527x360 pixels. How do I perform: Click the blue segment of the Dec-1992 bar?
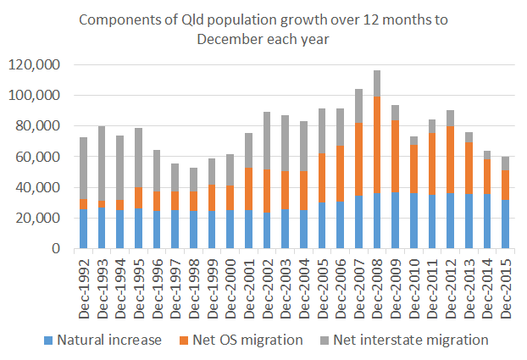pos(84,229)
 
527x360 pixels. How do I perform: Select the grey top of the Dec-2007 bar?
pos(358,106)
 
